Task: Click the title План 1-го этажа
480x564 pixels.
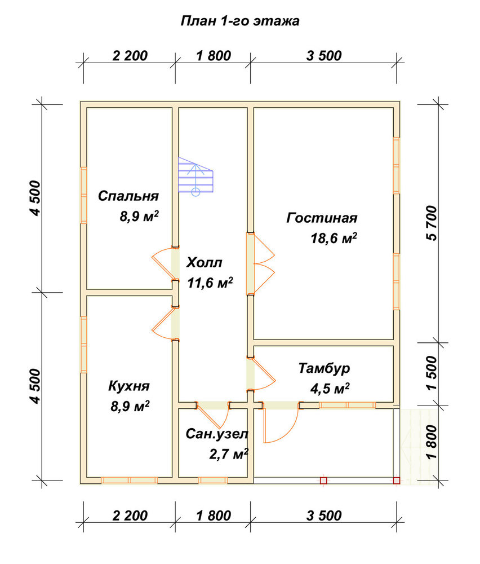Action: coord(239,21)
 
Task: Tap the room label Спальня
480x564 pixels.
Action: coord(128,196)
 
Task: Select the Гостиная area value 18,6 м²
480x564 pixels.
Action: coord(334,238)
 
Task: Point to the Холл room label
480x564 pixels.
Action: coord(204,263)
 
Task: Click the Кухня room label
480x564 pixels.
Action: coord(128,386)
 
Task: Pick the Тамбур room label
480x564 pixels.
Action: coord(324,369)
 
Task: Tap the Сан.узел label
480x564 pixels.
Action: coord(217,434)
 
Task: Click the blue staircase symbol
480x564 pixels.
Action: coord(196,176)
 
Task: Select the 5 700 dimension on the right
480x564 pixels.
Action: coord(432,223)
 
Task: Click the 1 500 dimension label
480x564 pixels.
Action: coord(432,373)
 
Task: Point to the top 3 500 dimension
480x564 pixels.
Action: coord(324,56)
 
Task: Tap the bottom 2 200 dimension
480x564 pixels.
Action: coord(130,515)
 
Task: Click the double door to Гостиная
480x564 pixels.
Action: coord(260,264)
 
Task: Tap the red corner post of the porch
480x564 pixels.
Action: coord(396,480)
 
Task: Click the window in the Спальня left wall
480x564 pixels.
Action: coord(83,195)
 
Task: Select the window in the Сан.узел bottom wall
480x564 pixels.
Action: coord(213,480)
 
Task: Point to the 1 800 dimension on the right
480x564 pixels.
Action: coord(432,442)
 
